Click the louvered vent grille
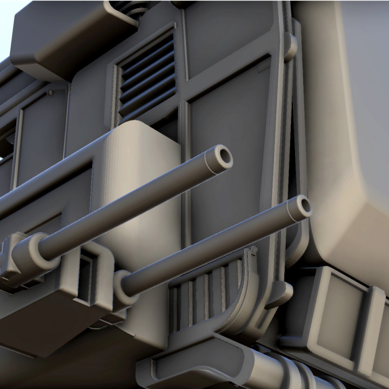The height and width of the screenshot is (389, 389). [x=147, y=75]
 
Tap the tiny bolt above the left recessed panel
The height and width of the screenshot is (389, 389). [x=50, y=92]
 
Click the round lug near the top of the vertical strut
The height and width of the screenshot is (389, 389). [x=291, y=46]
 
